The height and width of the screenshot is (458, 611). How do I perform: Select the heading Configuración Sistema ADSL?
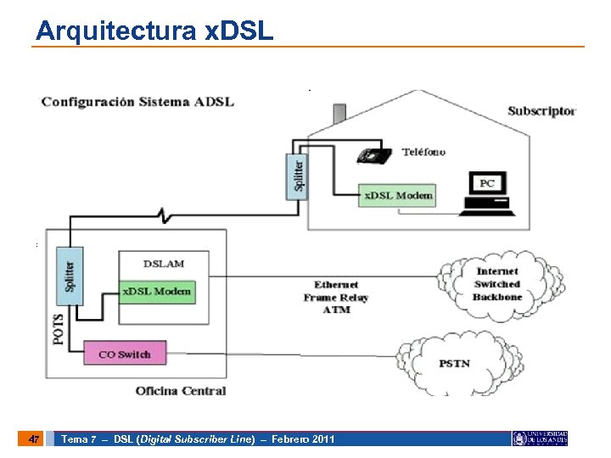pos(137,102)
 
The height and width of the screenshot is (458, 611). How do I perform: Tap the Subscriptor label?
pos(541,111)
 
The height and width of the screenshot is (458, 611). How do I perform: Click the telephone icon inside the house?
pos(373,155)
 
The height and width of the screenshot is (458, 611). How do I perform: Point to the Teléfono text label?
pos(423,153)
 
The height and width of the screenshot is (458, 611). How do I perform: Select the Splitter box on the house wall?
pos(294,176)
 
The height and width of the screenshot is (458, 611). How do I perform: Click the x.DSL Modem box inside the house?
pos(398,195)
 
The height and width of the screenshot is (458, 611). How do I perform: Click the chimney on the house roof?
pos(339,113)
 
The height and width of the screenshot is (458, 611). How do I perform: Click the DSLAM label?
pos(164,264)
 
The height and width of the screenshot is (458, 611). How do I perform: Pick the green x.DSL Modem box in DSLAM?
pos(157,292)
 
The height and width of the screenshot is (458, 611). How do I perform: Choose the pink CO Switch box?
pos(125,354)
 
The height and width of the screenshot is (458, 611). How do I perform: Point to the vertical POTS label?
pos(59,323)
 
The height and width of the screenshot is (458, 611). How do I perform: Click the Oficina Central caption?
pos(181,391)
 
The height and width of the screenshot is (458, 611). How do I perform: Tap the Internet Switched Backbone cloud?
pos(496,284)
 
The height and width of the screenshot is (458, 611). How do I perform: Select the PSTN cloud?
pos(454,363)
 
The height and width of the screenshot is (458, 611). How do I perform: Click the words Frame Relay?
pos(336,298)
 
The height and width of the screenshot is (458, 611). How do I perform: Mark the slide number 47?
pos(32,439)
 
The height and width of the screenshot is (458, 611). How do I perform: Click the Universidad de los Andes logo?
pos(540,438)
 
